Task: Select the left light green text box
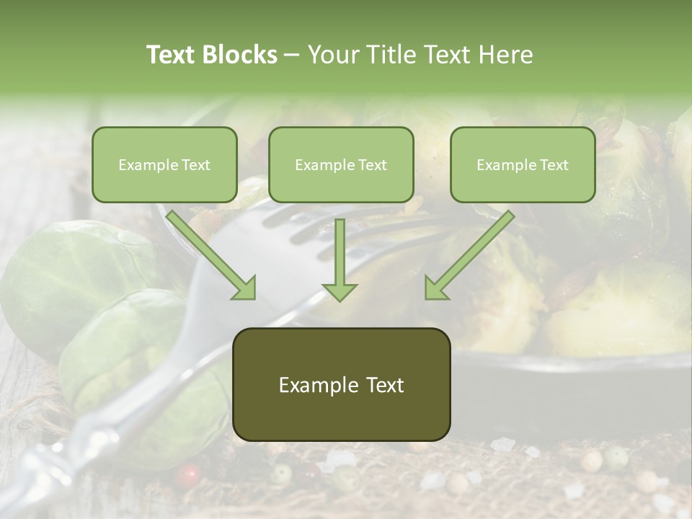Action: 164,165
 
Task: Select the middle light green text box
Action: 341,165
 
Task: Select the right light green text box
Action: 523,165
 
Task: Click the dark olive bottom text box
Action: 341,385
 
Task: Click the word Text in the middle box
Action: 372,165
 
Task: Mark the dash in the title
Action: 292,55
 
